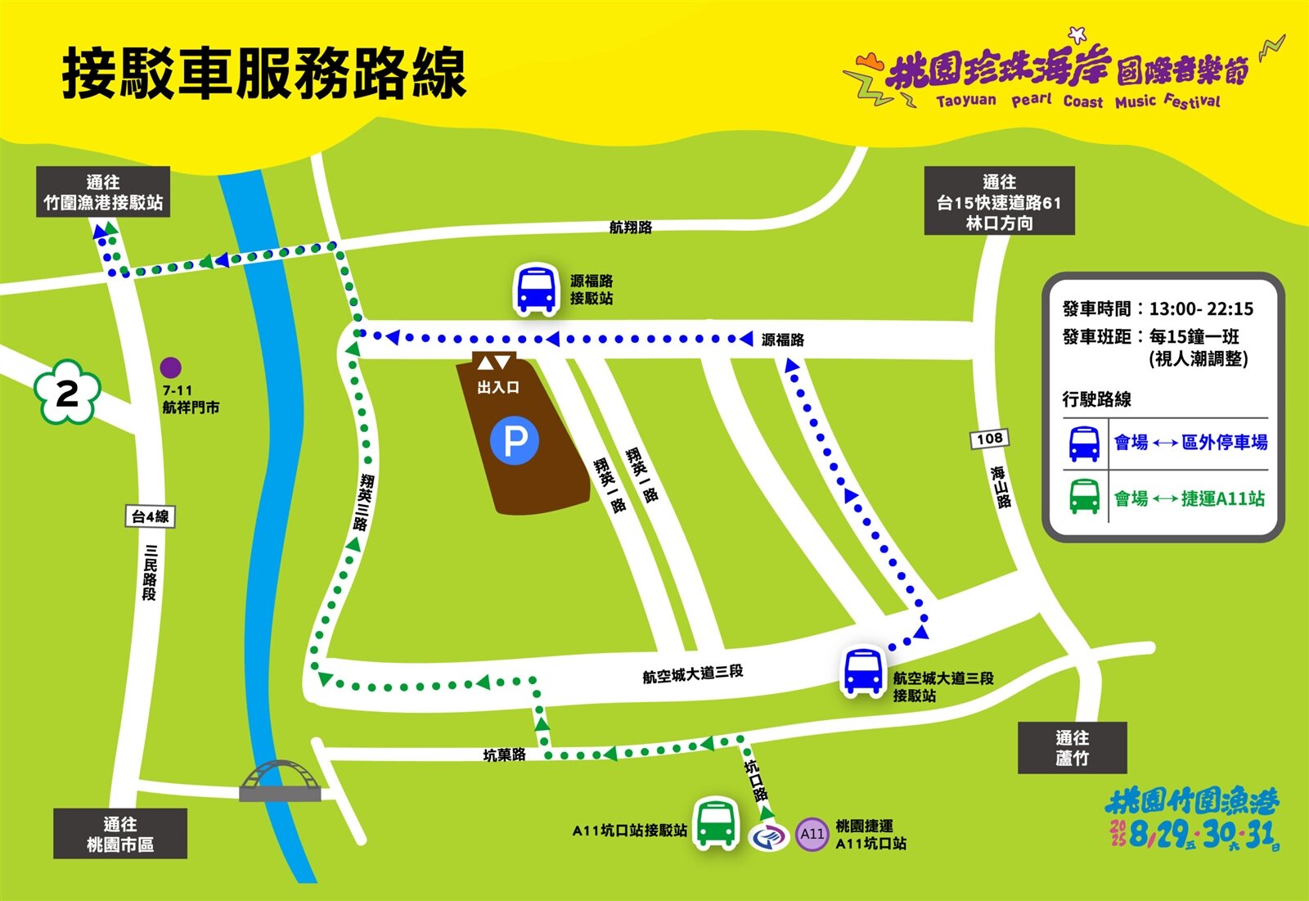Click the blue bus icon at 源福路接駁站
pyautogui.click(x=536, y=289)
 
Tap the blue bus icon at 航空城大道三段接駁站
pyautogui.click(x=862, y=672)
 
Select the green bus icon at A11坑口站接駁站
pyautogui.click(x=716, y=824)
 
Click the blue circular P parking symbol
pyautogui.click(x=515, y=441)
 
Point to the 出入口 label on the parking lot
pyautogui.click(x=498, y=387)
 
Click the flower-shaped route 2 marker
pyautogui.click(x=67, y=393)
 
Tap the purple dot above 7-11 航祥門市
pyautogui.click(x=170, y=367)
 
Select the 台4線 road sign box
pyautogui.click(x=151, y=516)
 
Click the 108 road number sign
pyautogui.click(x=989, y=439)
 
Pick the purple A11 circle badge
pyautogui.click(x=812, y=834)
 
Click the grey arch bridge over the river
pyautogui.click(x=281, y=782)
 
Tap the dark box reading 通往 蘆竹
pyautogui.click(x=1072, y=748)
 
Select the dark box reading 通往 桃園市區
pyautogui.click(x=120, y=834)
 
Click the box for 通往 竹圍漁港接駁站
pyautogui.click(x=103, y=192)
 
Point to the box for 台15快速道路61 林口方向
pyautogui.click(x=999, y=201)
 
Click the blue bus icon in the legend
pyautogui.click(x=1084, y=444)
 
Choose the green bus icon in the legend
pyautogui.click(x=1084, y=497)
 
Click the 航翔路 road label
pyautogui.click(x=630, y=227)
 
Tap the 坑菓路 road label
pyautogui.click(x=504, y=755)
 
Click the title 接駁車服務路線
pyautogui.click(x=263, y=74)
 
